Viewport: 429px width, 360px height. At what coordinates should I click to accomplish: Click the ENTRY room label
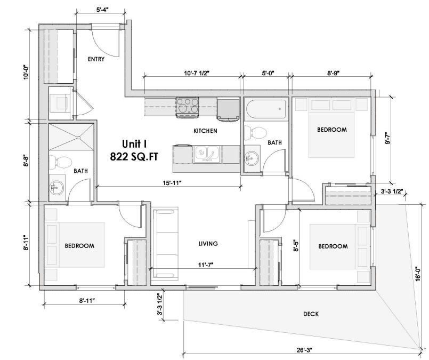(96, 59)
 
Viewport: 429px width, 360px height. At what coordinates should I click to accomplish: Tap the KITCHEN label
(204, 131)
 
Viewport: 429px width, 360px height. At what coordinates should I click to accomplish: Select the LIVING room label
(208, 244)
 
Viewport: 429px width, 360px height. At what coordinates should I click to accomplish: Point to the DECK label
(310, 314)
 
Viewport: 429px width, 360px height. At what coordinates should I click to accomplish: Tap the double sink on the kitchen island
(206, 154)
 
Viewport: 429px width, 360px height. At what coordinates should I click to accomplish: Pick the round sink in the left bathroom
(55, 187)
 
